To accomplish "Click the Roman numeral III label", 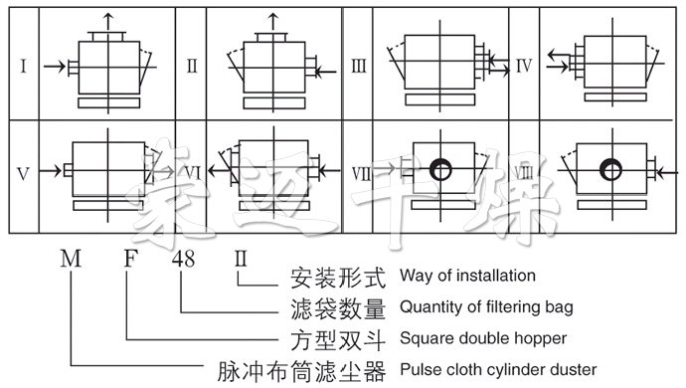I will (x=359, y=67).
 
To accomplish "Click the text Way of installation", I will (x=467, y=276).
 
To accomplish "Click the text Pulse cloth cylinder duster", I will (x=496, y=370).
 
